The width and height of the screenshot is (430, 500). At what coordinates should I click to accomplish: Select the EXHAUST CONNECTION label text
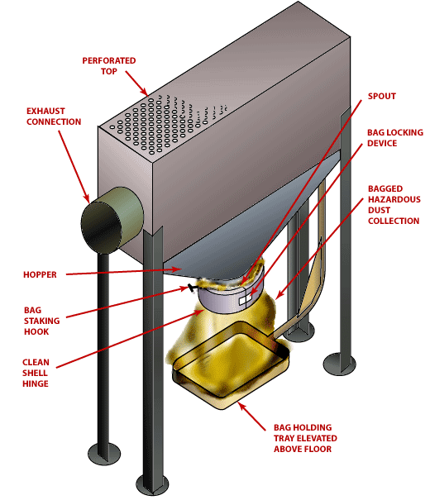tap(54, 116)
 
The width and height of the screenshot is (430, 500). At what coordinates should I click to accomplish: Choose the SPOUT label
tap(381, 97)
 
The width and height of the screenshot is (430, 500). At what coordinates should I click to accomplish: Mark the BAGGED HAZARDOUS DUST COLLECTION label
tap(394, 210)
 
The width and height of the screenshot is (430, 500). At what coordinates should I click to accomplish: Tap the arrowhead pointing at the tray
tap(240, 405)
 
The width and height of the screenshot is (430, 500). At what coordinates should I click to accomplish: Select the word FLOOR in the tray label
tap(317, 449)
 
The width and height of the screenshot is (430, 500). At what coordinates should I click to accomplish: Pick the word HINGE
tap(36, 383)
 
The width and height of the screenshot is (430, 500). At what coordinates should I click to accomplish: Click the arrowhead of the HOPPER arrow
tap(183, 269)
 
